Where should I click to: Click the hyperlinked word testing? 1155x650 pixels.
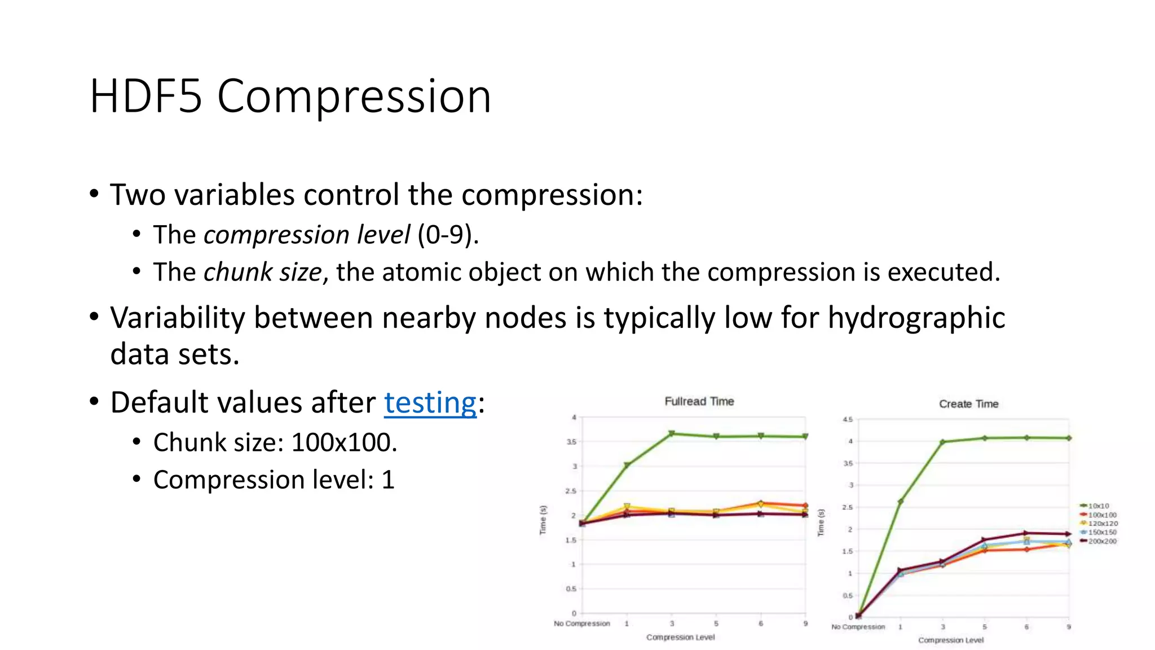(x=430, y=403)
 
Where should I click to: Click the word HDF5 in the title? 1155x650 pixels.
(x=146, y=96)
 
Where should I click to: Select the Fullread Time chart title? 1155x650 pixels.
(x=699, y=401)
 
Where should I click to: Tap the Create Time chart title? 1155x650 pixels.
(x=968, y=404)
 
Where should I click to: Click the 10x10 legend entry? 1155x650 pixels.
(x=1097, y=506)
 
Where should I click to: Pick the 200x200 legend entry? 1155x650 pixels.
(x=1101, y=541)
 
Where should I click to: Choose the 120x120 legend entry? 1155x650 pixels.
(x=1102, y=524)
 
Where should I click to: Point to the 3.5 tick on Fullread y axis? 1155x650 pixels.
(x=571, y=442)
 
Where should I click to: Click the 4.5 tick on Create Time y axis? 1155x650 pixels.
(x=848, y=419)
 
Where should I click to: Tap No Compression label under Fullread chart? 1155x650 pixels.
(x=581, y=623)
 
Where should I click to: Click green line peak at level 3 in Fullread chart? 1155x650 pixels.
(x=672, y=433)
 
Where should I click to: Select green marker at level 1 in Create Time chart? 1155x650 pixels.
(x=900, y=501)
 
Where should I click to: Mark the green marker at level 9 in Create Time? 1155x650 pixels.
(x=1069, y=438)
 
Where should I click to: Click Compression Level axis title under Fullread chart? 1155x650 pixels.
(x=680, y=637)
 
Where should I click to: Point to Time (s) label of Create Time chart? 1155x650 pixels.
(x=821, y=522)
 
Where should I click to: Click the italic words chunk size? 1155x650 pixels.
(x=262, y=273)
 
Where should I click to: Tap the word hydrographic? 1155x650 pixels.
(x=916, y=318)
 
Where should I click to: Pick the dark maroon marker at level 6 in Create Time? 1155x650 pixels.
(x=1026, y=533)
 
